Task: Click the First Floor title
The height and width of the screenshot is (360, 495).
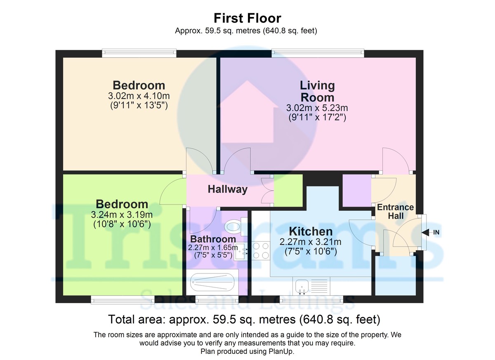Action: click(247, 18)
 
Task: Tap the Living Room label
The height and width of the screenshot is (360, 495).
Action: click(317, 91)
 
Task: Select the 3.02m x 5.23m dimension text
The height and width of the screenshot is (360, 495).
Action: click(317, 108)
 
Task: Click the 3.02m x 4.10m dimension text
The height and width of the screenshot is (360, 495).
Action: click(139, 96)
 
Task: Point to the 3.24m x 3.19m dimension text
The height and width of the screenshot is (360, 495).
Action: click(122, 215)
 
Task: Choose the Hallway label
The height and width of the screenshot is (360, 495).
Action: click(227, 189)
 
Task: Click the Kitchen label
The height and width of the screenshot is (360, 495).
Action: click(310, 231)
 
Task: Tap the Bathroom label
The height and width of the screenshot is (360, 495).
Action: click(213, 239)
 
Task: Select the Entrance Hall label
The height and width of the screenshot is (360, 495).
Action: click(395, 211)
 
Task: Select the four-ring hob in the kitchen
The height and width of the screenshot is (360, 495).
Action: click(260, 250)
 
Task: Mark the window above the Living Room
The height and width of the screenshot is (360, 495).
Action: click(318, 53)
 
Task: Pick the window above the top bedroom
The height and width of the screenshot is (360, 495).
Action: click(139, 53)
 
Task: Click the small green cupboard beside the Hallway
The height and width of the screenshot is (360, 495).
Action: click(288, 190)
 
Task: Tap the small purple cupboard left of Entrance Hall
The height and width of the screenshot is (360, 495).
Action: click(357, 191)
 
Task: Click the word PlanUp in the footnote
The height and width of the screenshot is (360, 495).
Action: click(280, 352)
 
